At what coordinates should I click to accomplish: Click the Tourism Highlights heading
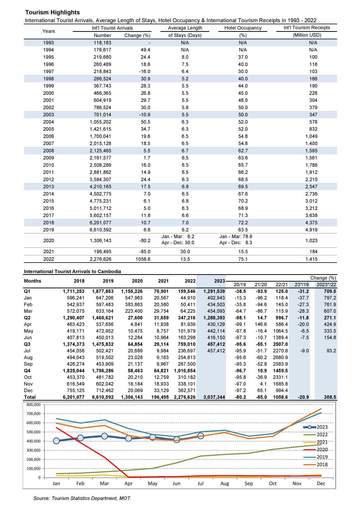click(x=52, y=12)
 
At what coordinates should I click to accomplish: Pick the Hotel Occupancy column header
click(x=243, y=28)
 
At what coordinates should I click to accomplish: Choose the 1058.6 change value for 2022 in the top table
click(x=141, y=259)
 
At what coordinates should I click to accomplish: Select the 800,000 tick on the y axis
click(x=32, y=404)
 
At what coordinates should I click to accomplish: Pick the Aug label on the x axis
click(x=225, y=484)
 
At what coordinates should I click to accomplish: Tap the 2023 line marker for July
click(x=201, y=436)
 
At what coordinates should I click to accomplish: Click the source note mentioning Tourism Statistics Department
click(x=82, y=498)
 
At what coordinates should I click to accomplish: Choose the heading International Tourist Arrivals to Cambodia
click(x=72, y=271)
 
